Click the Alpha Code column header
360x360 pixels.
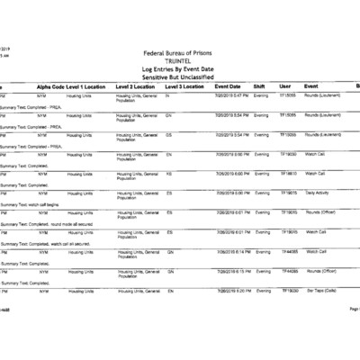coord(50,85)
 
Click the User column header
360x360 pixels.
coord(285,85)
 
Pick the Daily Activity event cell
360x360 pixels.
coord(318,193)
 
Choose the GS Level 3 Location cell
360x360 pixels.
coord(169,134)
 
